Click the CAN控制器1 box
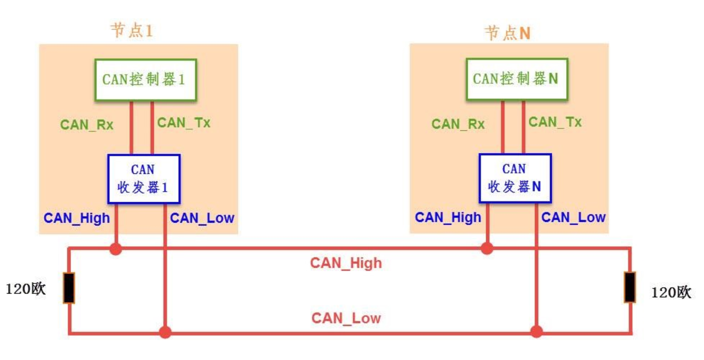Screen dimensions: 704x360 (x=146, y=80)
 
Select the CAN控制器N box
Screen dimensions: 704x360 (x=517, y=79)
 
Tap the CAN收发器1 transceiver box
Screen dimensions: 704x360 (x=144, y=179)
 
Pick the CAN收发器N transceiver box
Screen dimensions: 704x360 (x=515, y=178)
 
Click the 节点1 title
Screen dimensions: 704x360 (x=132, y=30)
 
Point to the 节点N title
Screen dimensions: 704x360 (x=507, y=33)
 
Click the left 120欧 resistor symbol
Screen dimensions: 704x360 (x=69, y=288)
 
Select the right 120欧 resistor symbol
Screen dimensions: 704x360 (x=630, y=287)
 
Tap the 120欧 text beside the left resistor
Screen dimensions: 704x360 (x=26, y=289)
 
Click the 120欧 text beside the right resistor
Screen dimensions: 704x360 (x=671, y=292)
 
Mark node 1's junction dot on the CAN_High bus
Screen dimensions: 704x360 (x=116, y=248)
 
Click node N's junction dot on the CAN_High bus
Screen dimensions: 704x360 (x=487, y=248)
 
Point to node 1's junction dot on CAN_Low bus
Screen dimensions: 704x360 (x=165, y=332)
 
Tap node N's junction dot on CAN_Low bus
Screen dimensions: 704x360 (x=536, y=331)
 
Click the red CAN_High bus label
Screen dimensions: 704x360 (x=346, y=263)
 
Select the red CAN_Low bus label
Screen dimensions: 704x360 (x=346, y=318)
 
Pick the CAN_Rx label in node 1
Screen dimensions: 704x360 (x=87, y=125)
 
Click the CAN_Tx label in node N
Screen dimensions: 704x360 (x=555, y=122)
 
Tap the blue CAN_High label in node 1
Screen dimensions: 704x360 (x=77, y=218)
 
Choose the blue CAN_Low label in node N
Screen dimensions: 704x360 (x=573, y=217)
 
